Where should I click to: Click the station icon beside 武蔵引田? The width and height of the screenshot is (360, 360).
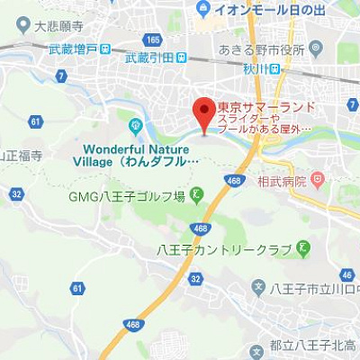182,58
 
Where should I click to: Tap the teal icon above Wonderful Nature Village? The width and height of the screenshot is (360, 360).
136,125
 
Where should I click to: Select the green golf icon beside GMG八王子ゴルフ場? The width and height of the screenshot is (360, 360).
196,195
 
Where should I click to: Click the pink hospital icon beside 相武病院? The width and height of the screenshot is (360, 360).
317,182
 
